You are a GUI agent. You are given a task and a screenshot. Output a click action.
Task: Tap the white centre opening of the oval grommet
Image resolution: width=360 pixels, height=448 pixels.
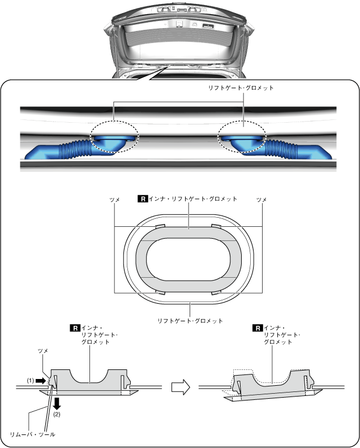click(189, 260)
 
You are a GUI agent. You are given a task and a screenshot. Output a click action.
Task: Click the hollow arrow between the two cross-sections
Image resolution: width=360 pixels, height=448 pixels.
click(180, 387)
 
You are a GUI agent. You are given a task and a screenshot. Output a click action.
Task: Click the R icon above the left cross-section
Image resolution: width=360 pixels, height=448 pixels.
click(74, 328)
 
